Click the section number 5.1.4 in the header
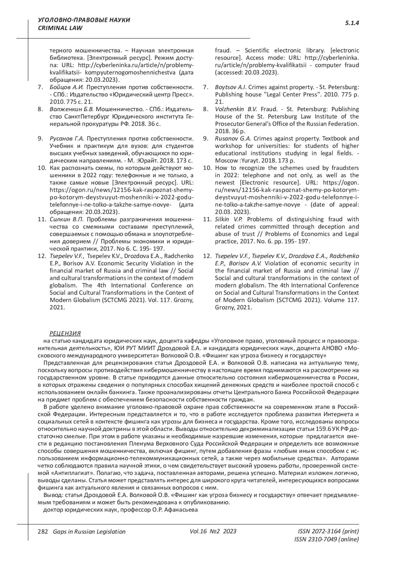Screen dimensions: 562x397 pyautogui.click(x=352, y=23)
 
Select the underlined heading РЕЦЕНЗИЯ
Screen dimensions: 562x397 pyautogui.click(x=65, y=333)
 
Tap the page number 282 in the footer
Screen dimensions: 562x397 pyautogui.click(x=43, y=531)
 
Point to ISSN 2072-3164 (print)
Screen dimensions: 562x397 pyautogui.click(x=328, y=531)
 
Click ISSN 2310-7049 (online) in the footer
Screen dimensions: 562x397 pyautogui.click(x=326, y=539)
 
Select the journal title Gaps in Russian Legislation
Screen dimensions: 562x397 pyautogui.click(x=87, y=532)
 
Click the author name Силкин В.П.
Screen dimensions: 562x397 pyautogui.click(x=66, y=219)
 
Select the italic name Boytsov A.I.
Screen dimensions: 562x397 pyautogui.click(x=230, y=87)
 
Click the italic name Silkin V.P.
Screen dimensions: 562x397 pyautogui.click(x=229, y=219)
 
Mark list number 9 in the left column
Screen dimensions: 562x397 pyautogui.click(x=40, y=138)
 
